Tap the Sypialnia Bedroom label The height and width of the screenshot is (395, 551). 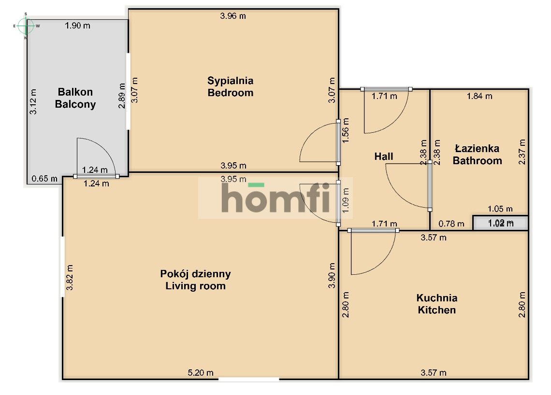pos(231,87)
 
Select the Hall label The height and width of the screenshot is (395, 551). pos(384,156)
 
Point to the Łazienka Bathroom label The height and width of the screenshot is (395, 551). pos(477,155)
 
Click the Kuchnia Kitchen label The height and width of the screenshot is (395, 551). pos(436,304)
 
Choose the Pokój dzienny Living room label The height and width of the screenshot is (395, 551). pos(195,280)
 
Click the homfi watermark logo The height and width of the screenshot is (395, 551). pos(275,198)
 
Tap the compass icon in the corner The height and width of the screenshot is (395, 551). pos(26,26)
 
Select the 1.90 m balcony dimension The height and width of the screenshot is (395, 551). pos(77,26)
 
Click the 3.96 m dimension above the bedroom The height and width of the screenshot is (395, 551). pos(233,16)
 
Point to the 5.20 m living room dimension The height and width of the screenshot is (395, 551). pos(201,372)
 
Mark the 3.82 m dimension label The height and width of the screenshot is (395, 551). pos(70,278)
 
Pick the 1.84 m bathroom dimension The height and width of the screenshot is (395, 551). pos(479,96)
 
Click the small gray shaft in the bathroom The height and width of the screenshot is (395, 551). pos(500,223)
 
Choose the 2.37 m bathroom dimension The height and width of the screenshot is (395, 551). pos(522,152)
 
